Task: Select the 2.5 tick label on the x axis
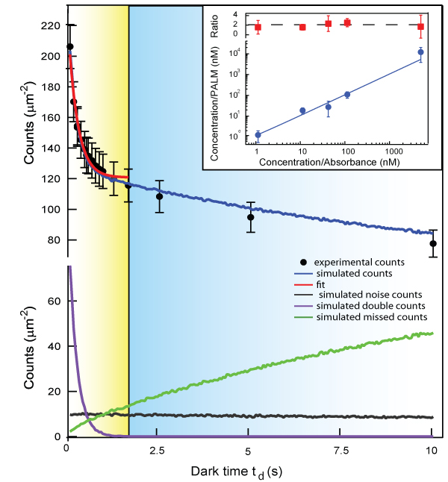click(158, 451)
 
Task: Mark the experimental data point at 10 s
click(433, 244)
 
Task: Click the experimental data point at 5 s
click(251, 217)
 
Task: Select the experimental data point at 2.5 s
click(159, 197)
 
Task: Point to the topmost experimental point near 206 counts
click(69, 46)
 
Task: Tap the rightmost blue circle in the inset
click(421, 52)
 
